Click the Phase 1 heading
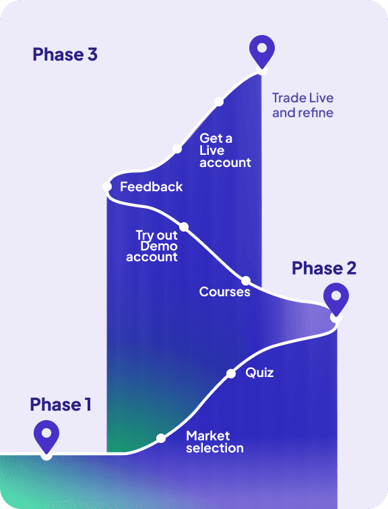point(61,405)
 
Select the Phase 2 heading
point(324,268)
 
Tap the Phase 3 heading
point(65,55)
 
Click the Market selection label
point(215,442)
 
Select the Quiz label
point(259,373)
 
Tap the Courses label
point(225,292)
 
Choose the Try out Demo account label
point(152,246)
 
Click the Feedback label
point(152,186)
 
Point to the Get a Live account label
point(225,150)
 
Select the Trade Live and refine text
point(302,105)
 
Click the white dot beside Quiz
point(231,374)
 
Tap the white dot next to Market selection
point(161,438)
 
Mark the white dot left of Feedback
point(107,186)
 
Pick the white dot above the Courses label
point(246,281)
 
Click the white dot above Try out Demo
point(184,227)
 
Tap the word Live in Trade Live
point(321,98)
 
